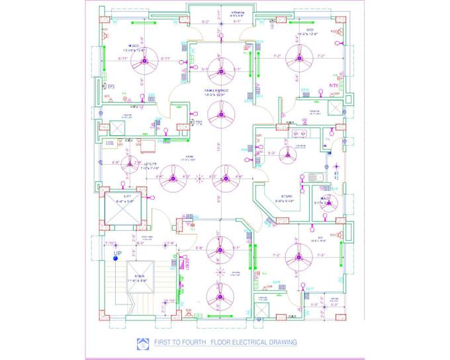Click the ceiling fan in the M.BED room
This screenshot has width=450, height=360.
click(142, 62)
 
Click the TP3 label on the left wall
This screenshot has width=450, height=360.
click(111, 87)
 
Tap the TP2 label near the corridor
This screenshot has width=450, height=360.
click(198, 122)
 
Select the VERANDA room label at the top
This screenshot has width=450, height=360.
click(237, 12)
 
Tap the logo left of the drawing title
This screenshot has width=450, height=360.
click(143, 342)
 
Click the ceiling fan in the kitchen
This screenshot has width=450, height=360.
click(287, 156)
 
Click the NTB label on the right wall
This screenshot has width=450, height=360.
click(334, 85)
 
